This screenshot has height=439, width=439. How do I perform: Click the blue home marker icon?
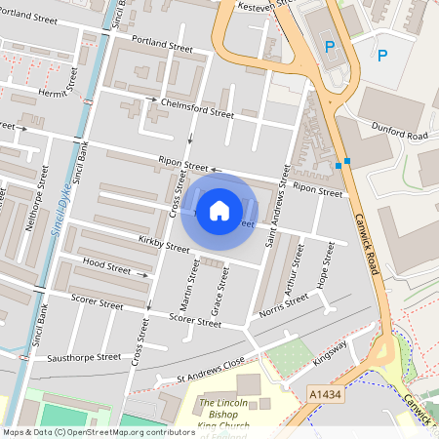click(219, 211)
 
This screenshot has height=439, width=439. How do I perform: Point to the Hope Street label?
click(325, 264)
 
